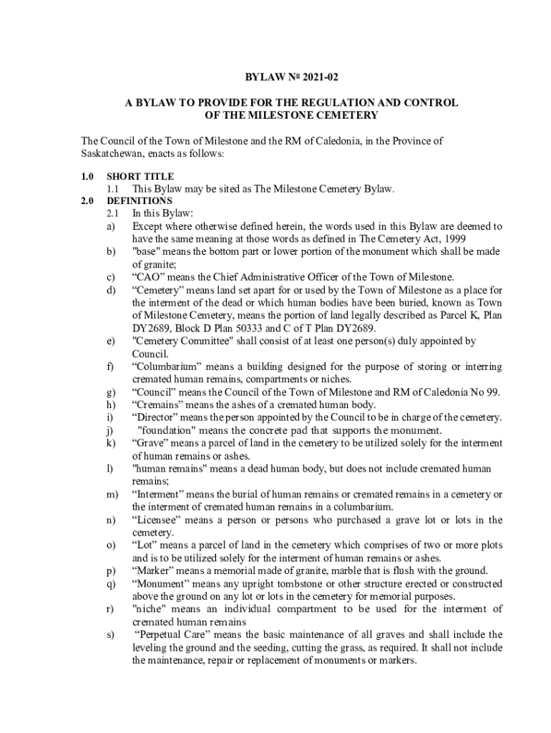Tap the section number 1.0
coord(88,176)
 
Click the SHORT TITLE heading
coord(140,176)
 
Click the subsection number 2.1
coord(112,213)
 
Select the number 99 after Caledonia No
coord(493,392)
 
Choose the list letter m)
coord(112,495)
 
